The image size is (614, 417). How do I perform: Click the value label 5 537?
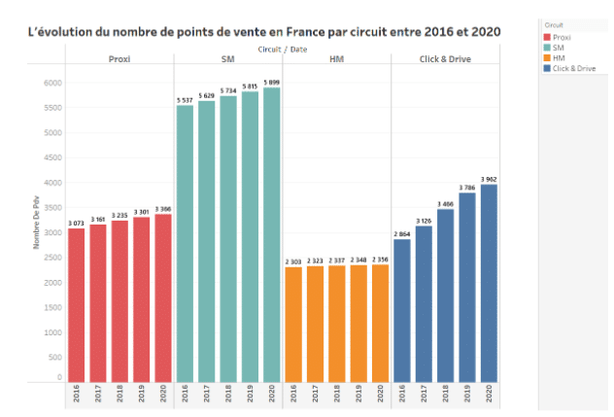185,100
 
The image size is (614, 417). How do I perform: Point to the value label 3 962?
489,179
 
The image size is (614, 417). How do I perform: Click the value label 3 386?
162,208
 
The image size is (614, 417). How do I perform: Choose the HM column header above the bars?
336,58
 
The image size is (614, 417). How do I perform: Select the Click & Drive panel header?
445,58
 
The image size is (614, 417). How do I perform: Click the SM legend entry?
559,47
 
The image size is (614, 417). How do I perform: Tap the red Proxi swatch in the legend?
547,36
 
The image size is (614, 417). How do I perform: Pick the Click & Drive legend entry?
573,68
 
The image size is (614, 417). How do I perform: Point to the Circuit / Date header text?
283,48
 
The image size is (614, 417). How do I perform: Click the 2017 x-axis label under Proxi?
97,394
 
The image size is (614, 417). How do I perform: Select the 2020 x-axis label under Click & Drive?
489,394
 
